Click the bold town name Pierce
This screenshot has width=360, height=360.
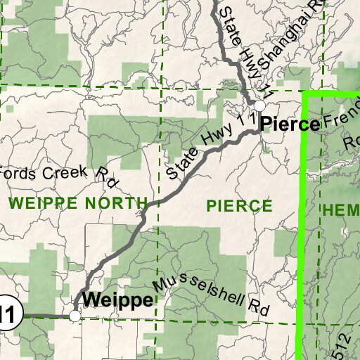[290, 124]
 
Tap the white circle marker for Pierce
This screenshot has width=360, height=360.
[259, 105]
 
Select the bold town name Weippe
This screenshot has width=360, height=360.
[117, 300]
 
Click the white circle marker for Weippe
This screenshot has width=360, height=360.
[75, 316]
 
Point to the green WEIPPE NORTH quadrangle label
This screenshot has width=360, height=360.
[79, 204]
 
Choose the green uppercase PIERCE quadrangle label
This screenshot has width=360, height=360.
[239, 205]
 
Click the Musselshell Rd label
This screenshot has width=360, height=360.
[211, 294]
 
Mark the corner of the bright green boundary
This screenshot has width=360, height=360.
[304, 93]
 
